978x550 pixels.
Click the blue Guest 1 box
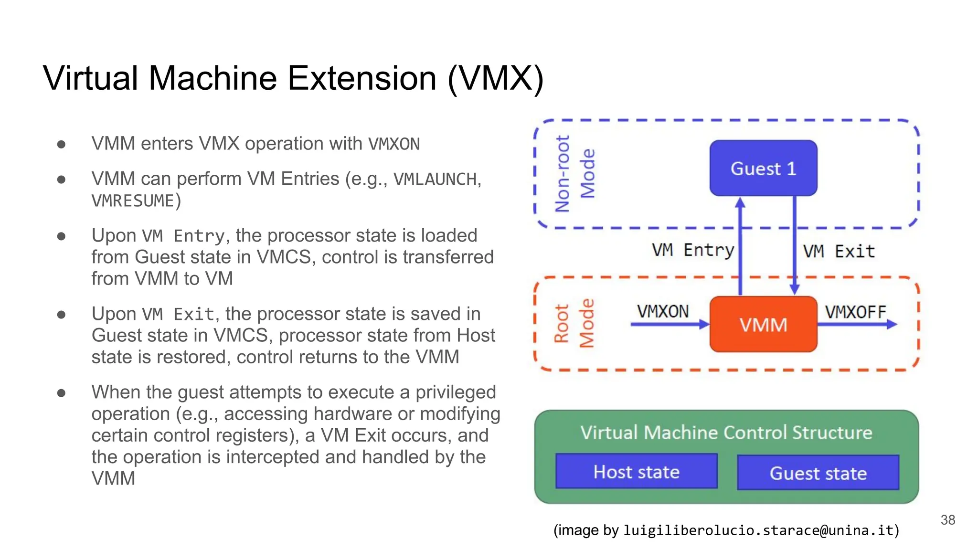763,168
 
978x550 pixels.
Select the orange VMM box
763,325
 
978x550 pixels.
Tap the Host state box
636,472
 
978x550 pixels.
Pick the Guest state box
818,473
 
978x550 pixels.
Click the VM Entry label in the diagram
692,250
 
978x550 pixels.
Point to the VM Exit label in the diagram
839,252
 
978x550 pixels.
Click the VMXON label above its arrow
663,312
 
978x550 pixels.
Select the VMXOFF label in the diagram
855,312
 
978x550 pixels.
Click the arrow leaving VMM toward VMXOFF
857,325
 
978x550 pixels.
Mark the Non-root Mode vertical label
574,174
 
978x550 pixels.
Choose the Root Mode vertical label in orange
574,324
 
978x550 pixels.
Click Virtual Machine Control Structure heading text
726,433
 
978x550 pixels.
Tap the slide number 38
947,520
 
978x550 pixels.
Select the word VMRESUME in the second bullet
133,201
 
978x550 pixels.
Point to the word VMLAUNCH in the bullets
435,179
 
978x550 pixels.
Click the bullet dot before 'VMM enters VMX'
61,144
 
